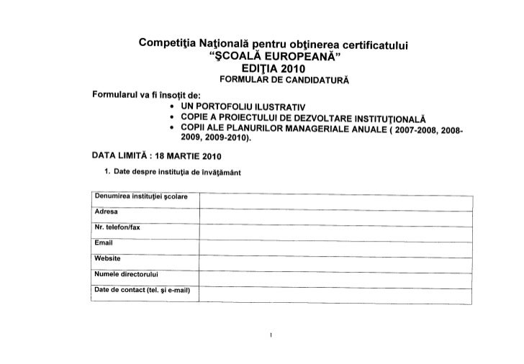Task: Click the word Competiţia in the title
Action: pyautogui.click(x=171, y=47)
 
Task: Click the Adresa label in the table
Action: pyautogui.click(x=106, y=212)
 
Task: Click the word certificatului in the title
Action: pyautogui.click(x=374, y=47)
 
